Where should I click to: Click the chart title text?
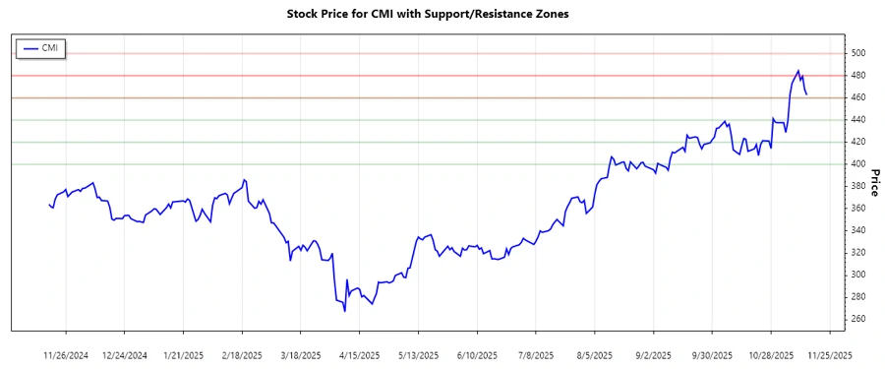(x=442, y=15)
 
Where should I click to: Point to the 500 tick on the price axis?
(x=858, y=53)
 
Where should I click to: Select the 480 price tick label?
(x=858, y=76)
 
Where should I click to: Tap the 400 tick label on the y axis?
(x=858, y=164)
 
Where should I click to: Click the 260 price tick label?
(x=858, y=319)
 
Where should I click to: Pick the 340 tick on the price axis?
(x=858, y=230)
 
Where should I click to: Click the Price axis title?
(x=874, y=181)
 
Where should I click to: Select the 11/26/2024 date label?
(x=67, y=354)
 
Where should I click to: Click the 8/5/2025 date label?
(x=595, y=354)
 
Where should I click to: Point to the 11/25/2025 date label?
(x=829, y=354)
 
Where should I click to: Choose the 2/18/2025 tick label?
(x=243, y=354)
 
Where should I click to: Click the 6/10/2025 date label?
(x=477, y=354)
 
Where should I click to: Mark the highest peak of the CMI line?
(x=798, y=71)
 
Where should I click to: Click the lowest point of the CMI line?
(x=344, y=311)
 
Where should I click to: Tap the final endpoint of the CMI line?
(x=807, y=94)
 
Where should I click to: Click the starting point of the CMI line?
(x=48, y=205)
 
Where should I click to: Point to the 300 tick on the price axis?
(x=858, y=275)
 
